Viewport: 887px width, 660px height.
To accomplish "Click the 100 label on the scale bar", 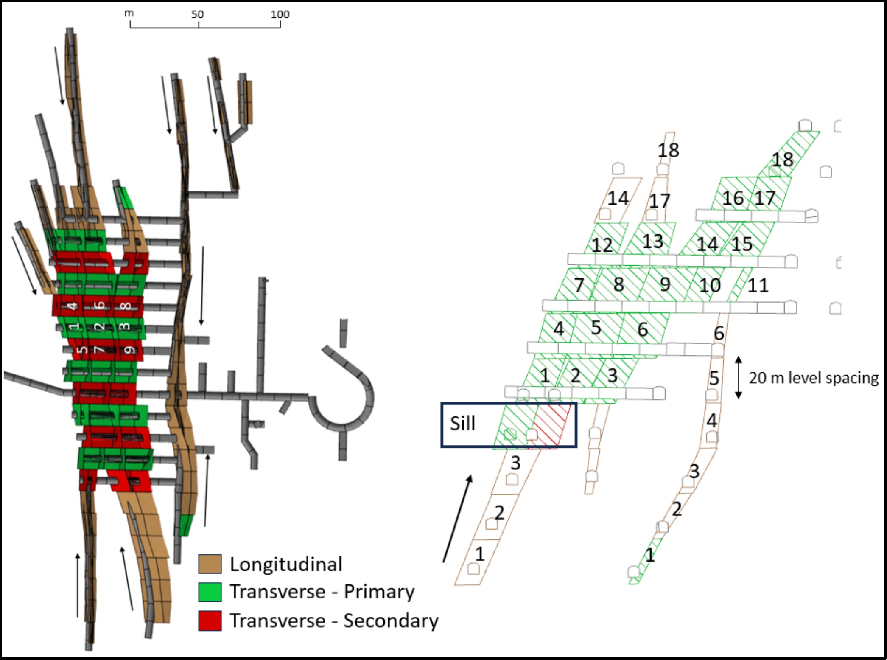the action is (x=280, y=14).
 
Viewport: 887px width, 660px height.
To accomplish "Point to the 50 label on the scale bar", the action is (x=197, y=14).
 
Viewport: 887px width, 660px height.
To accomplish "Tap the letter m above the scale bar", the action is (x=129, y=13).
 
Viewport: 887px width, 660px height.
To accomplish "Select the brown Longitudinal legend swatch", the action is (x=210, y=564).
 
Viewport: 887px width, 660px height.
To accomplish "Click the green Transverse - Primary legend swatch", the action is (x=210, y=592).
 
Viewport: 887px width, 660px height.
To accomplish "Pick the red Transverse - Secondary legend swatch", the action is (x=210, y=621).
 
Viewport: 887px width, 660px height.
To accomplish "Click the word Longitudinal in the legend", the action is (x=286, y=565).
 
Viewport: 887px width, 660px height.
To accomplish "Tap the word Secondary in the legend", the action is (x=391, y=621).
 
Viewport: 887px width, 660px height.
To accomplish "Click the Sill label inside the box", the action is (x=462, y=424).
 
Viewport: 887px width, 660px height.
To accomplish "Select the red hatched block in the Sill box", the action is (x=550, y=426).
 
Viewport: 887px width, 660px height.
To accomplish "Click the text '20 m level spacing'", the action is (x=814, y=378).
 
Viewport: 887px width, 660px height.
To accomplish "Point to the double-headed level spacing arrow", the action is (x=739, y=377).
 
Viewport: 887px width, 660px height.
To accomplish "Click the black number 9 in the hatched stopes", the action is (x=665, y=285).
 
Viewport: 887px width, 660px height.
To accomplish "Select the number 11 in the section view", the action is (x=758, y=285).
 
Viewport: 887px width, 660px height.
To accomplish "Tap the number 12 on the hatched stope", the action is (x=602, y=245).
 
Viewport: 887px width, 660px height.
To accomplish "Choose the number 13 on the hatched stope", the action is (x=652, y=241).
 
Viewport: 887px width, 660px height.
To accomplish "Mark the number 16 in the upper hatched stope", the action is (x=733, y=198).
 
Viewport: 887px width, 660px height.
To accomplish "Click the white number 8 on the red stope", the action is (x=126, y=306).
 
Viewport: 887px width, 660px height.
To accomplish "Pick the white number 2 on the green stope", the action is (x=99, y=326).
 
